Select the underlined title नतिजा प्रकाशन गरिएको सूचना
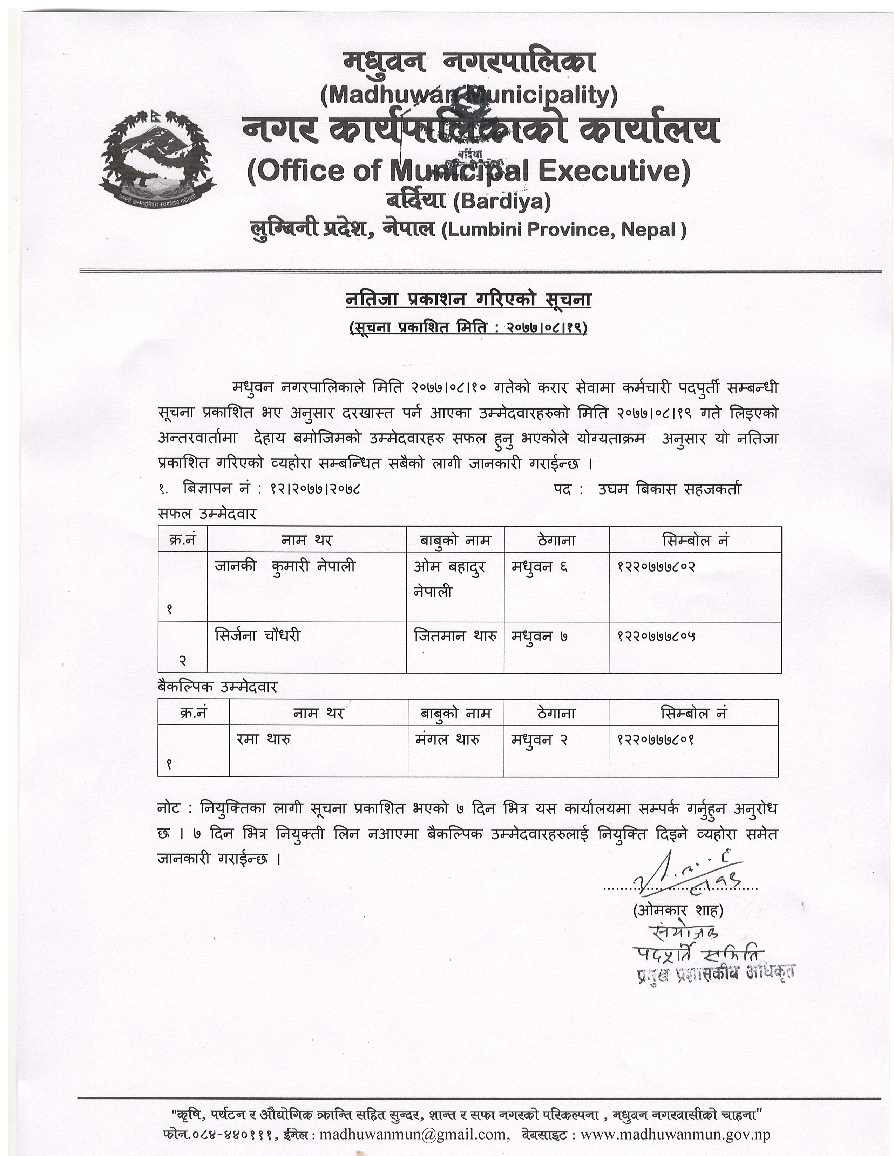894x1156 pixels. click(x=468, y=300)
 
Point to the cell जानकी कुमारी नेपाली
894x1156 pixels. click(x=285, y=566)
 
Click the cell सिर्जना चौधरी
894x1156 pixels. click(x=257, y=635)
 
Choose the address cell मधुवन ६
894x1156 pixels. click(x=539, y=566)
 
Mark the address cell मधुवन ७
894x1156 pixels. click(x=539, y=635)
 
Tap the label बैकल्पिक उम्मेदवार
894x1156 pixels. click(x=217, y=687)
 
